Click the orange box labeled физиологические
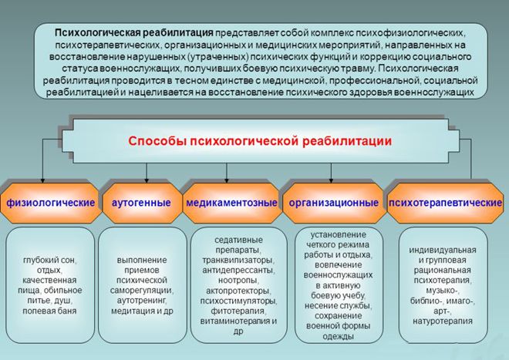pyautogui.click(x=51, y=202)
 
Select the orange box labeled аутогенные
pyautogui.click(x=141, y=202)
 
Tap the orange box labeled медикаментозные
pyautogui.click(x=231, y=202)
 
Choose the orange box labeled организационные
pyautogui.click(x=333, y=202)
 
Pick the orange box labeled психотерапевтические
pyautogui.click(x=440, y=202)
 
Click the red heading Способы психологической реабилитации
pyautogui.click(x=260, y=141)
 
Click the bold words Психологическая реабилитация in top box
pyautogui.click(x=133, y=33)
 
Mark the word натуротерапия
pyautogui.click(x=443, y=301)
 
